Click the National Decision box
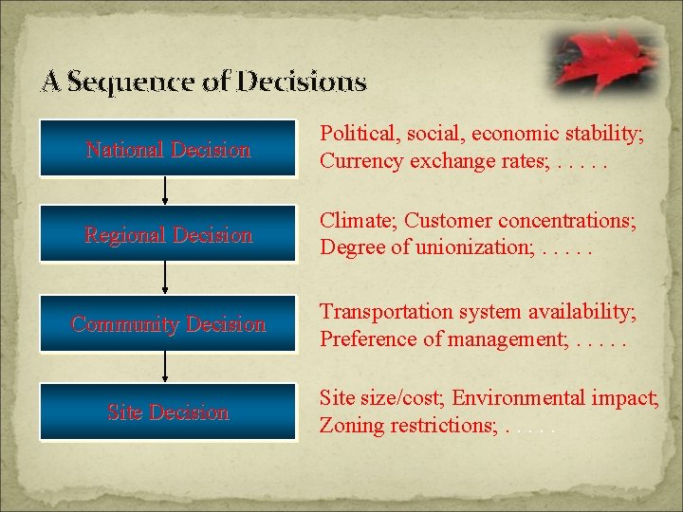coord(168,149)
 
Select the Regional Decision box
coord(168,235)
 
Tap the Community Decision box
coord(168,324)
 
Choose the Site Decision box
coord(168,412)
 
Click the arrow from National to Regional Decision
coord(166,192)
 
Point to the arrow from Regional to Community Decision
coord(166,279)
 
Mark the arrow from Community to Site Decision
coord(166,368)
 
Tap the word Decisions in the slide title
coord(301,82)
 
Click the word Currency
coord(361,162)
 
